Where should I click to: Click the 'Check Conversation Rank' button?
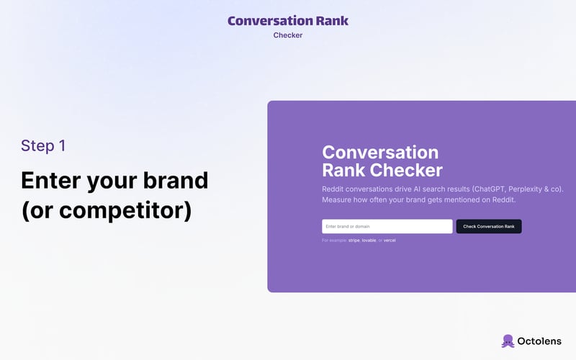coord(489,226)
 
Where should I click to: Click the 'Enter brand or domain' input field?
coord(387,226)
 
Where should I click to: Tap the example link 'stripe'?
coord(354,240)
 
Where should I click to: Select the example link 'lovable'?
coord(369,240)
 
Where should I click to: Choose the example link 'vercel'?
coord(390,240)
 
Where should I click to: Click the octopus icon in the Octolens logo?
coord(508,341)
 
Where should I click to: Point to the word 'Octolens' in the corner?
coord(541,341)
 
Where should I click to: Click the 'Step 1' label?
coord(43,145)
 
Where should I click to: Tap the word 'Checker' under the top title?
coord(288,35)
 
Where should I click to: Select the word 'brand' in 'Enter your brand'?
coord(173,180)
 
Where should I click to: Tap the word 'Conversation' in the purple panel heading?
coord(380,153)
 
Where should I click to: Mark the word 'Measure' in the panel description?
coord(339,199)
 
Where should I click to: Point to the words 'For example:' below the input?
coord(334,240)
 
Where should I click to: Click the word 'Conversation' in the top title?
coord(270,21)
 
